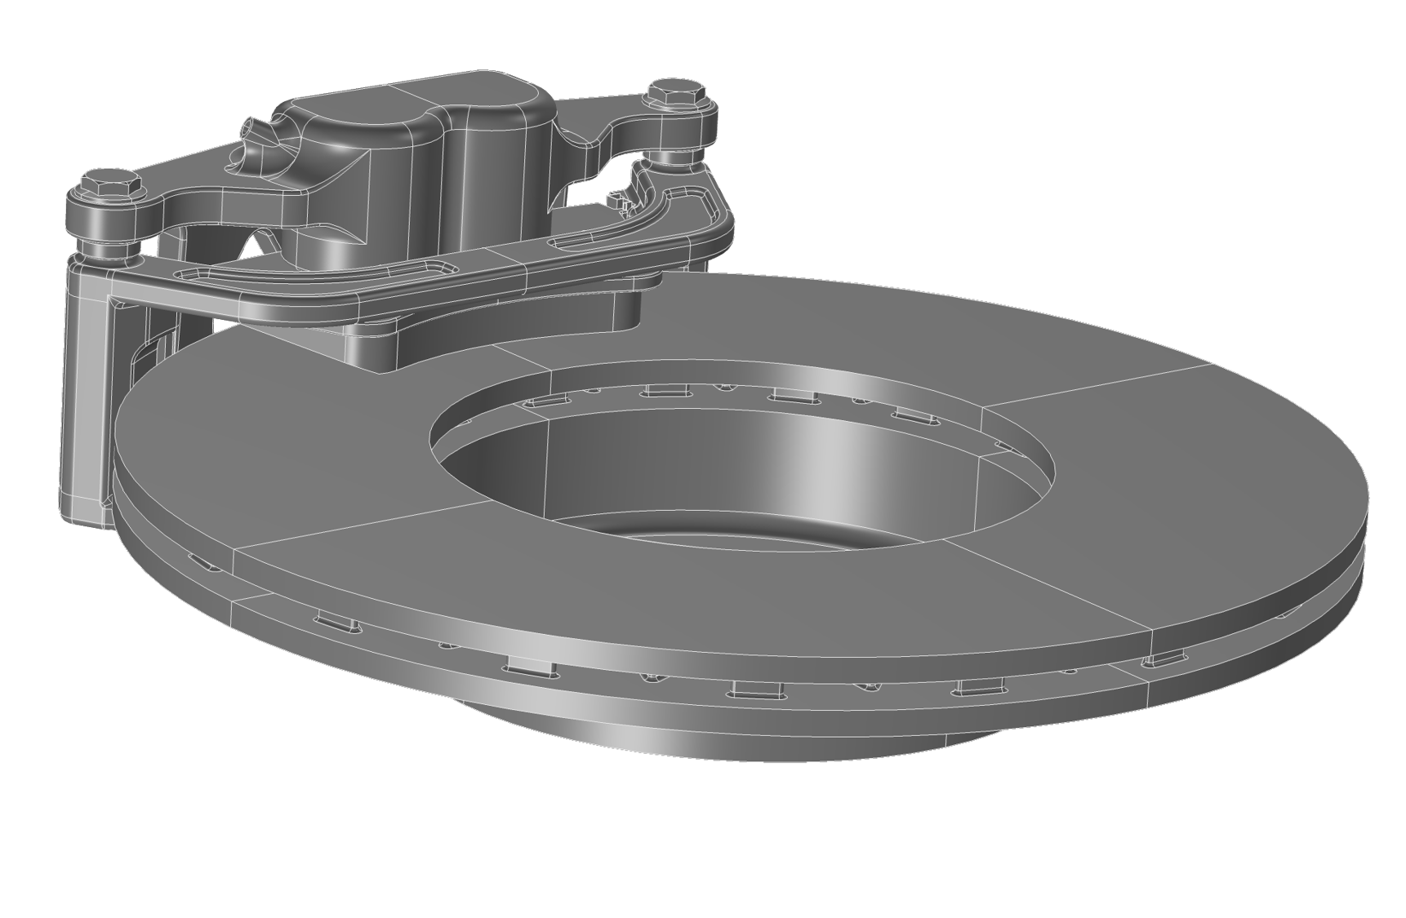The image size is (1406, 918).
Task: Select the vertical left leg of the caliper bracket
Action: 86,384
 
